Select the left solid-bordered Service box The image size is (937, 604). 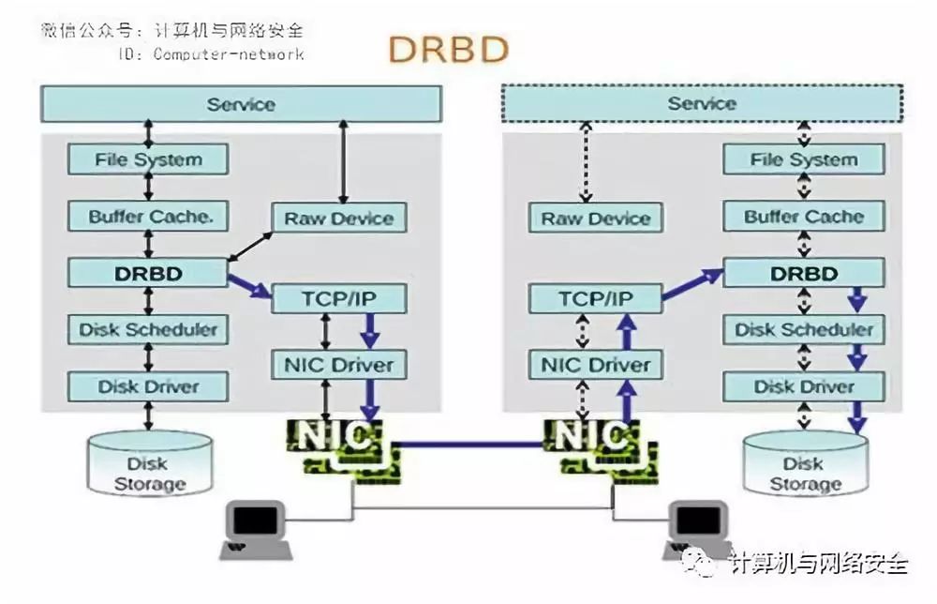240,104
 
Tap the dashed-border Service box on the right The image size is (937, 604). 702,103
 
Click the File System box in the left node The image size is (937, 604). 148,159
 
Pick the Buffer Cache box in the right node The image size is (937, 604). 803,217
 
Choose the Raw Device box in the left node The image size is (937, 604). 339,219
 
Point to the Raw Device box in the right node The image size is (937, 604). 596,219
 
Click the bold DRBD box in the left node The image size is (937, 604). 148,274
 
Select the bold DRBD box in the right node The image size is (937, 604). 803,274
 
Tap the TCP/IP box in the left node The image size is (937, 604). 339,299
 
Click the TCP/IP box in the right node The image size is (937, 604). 596,299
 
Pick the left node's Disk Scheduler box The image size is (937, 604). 148,330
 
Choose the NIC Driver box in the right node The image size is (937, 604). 596,364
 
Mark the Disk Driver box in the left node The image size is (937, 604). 148,386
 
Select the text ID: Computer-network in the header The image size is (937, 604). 210,54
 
